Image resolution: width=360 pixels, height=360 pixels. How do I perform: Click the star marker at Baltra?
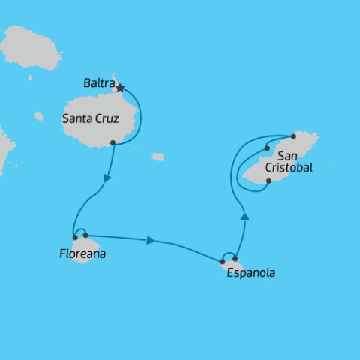120,88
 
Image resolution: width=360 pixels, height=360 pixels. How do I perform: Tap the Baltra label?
100,84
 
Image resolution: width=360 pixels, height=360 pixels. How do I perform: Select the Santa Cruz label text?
91,118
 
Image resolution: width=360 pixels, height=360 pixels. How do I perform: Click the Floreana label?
82,253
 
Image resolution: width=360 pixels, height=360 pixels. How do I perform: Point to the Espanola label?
250,273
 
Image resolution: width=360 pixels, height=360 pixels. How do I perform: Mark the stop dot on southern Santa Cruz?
112,142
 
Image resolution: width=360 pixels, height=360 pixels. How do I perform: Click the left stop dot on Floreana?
75,238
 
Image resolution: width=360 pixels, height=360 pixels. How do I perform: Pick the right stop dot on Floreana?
85,235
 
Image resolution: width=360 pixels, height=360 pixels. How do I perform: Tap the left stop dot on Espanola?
223,262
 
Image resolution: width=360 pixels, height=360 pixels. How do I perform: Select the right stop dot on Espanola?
235,259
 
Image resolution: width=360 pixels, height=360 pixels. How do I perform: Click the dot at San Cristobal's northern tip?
293,136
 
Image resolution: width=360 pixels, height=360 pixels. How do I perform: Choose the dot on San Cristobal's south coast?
268,181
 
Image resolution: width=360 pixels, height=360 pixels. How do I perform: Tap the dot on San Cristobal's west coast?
267,148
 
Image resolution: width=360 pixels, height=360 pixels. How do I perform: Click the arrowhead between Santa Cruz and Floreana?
108,178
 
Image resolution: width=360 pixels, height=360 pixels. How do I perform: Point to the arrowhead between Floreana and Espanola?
151,241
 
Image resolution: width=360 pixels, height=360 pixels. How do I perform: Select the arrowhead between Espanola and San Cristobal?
244,216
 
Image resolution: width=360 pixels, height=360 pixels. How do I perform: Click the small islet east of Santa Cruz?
157,157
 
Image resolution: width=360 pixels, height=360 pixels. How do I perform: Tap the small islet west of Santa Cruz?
38,116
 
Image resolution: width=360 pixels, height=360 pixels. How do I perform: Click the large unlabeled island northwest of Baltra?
31,46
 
